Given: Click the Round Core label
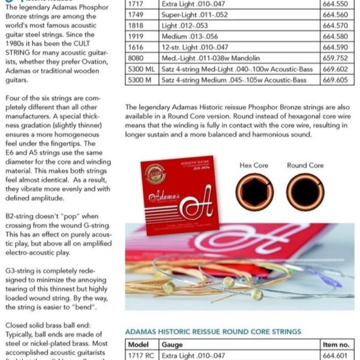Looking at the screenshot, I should (x=305, y=165).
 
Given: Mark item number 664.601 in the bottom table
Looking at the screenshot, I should (x=334, y=356).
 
